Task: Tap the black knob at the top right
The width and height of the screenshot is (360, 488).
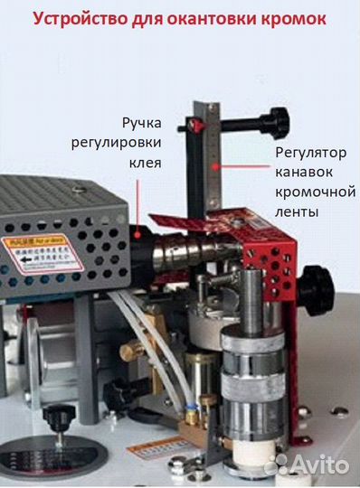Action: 275,120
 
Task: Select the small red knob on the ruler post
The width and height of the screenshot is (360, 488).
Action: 201,120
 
